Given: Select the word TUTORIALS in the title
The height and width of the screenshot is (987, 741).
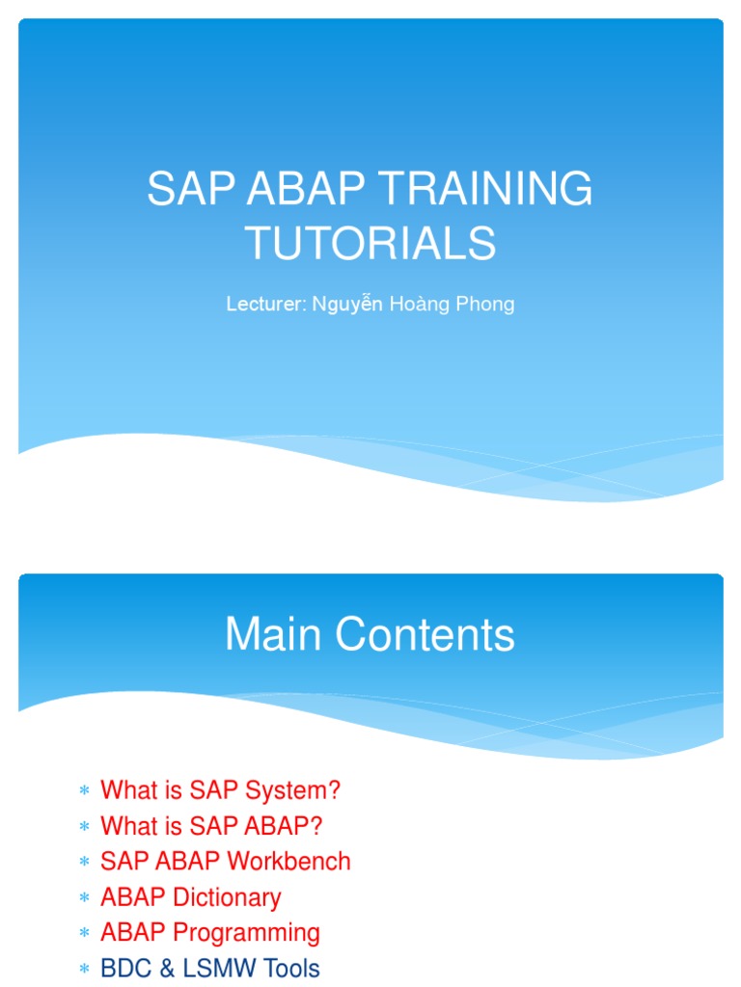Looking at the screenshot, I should click(x=370, y=243).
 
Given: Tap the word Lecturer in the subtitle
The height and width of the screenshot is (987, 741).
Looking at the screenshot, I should click(x=265, y=305).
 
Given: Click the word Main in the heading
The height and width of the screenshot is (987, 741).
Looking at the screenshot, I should click(x=271, y=635).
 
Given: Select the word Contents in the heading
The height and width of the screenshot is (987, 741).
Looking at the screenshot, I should click(x=423, y=635).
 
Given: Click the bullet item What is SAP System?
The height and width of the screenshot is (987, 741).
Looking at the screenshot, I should click(x=220, y=791).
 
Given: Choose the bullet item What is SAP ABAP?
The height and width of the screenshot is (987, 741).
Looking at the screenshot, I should click(x=211, y=826).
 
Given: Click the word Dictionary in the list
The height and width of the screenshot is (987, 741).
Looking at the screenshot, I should click(x=227, y=897).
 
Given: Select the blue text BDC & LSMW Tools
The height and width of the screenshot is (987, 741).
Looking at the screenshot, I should click(x=209, y=969).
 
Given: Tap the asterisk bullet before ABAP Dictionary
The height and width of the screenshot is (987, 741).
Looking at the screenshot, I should click(x=84, y=899).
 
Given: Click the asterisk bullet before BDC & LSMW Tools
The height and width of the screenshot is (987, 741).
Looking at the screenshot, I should click(x=84, y=970).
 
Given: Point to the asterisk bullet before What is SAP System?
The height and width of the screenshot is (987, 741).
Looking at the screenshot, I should click(x=84, y=792).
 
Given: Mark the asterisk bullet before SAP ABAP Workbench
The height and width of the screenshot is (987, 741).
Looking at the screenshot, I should click(x=84, y=864).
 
